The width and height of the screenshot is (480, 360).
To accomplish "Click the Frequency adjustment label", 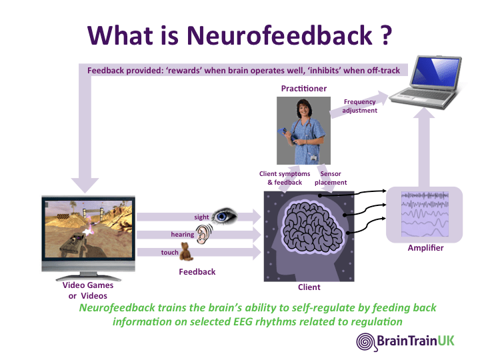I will click(x=359, y=106).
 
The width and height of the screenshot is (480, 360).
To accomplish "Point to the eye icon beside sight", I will click(x=225, y=215).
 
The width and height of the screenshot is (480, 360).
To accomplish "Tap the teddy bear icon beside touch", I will click(x=189, y=252).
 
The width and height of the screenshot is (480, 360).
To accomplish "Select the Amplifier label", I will click(x=425, y=248).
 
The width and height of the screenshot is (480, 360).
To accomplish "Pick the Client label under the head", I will click(x=309, y=287).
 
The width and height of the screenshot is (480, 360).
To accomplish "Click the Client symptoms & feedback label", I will click(x=285, y=178).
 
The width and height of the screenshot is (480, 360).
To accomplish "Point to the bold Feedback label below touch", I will click(x=197, y=272).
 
